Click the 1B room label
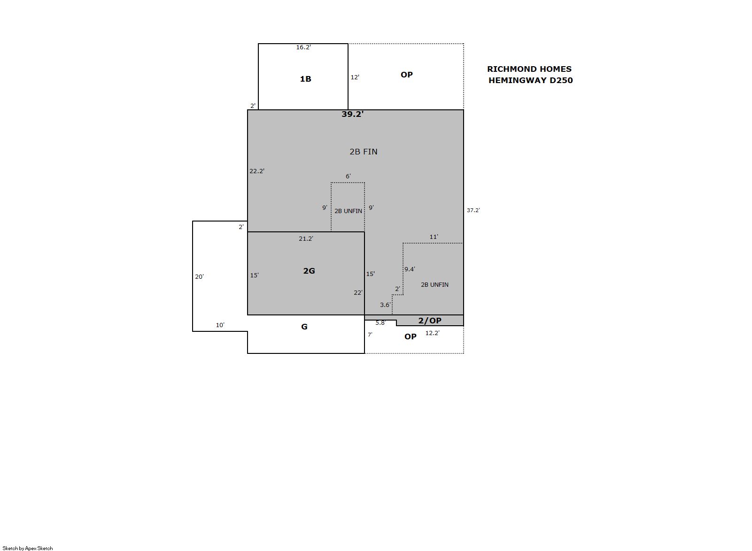tap(305, 79)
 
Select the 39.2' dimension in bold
tap(352, 114)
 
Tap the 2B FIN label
tap(363, 152)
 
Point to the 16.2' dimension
tap(303, 47)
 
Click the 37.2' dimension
tap(473, 210)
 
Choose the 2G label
tap(309, 271)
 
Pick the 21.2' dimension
tap(306, 239)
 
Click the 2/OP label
tap(430, 321)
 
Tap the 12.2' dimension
tap(433, 333)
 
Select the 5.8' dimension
tap(380, 323)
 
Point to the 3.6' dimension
tap(386, 305)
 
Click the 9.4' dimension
tap(410, 269)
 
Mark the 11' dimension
tap(434, 237)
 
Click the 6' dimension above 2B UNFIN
tap(348, 176)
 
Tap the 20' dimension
tap(200, 277)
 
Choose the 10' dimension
tap(220, 325)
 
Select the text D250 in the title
tap(561, 80)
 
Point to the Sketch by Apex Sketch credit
tap(28, 548)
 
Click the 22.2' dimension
tap(257, 171)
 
